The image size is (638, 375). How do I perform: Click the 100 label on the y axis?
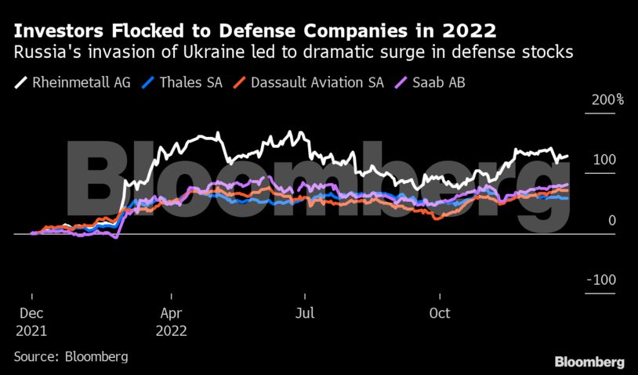click(x=604, y=160)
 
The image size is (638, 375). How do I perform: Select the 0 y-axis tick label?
click(x=611, y=221)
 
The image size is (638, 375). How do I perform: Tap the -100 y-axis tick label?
click(x=601, y=280)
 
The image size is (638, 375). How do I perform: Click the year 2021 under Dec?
click(x=31, y=331)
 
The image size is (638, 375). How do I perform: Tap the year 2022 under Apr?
click(x=172, y=331)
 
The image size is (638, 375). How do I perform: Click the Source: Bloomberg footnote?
click(x=71, y=357)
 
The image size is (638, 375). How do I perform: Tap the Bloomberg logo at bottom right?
click(x=589, y=362)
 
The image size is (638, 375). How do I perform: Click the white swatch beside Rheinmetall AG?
click(x=21, y=81)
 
